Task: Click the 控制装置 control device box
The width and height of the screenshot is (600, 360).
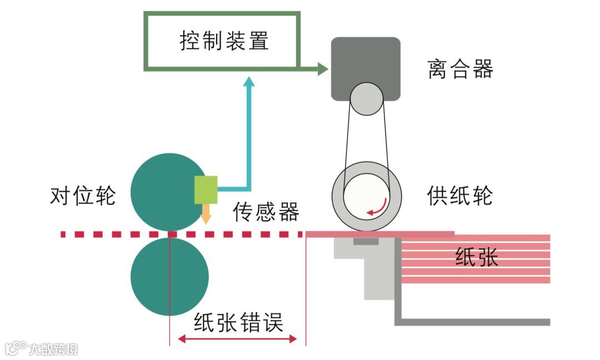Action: pos(222,41)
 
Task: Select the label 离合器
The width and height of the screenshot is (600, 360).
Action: pos(461,69)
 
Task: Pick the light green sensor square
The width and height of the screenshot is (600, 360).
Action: pos(206,189)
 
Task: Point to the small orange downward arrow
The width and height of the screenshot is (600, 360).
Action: pos(206,214)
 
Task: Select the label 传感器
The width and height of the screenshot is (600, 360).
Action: pos(266,212)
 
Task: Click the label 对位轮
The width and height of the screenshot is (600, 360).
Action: pos(83,196)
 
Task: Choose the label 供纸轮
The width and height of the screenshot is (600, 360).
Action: pos(460,195)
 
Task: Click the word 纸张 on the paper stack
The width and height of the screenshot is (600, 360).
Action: pos(477,257)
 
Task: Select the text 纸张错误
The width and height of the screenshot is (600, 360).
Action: pos(238,322)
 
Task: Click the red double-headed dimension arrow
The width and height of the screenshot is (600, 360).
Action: pos(238,338)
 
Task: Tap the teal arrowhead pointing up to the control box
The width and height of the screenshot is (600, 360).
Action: pos(249,82)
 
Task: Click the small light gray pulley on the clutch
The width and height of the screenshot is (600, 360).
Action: pos(366,99)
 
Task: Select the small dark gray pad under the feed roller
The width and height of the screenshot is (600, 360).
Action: pos(366,241)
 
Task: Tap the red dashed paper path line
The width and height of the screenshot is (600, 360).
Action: pos(111,234)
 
